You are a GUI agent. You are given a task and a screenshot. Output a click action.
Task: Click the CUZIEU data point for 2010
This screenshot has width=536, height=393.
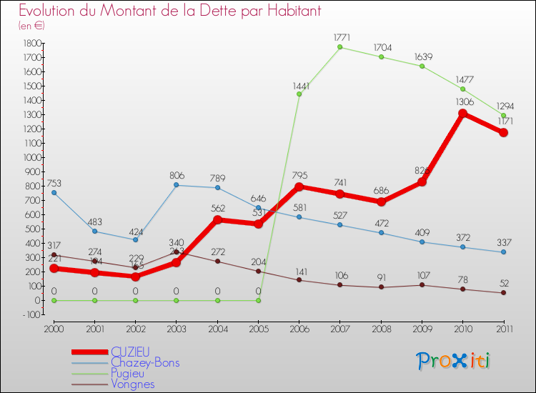pos(462,114)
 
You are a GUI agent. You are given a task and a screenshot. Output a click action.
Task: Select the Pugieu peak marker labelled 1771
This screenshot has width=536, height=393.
pos(339,47)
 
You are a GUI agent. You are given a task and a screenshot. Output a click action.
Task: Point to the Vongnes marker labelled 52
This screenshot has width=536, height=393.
pos(504,293)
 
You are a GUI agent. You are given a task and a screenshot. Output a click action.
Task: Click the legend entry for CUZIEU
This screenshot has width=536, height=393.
pos(130,352)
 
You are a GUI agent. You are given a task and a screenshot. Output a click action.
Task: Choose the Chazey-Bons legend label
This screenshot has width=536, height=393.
pos(145,362)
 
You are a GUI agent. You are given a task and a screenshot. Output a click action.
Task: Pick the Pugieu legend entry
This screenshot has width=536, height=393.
pos(129,373)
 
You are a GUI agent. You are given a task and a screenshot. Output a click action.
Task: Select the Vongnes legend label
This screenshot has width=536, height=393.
pos(133,384)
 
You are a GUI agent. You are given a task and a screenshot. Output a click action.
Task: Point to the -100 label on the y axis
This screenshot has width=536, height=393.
pos(29,314)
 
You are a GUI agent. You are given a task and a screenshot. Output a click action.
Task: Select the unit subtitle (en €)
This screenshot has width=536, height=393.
pos(32,26)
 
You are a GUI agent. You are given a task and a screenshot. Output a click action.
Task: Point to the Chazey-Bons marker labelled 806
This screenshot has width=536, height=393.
pos(176,185)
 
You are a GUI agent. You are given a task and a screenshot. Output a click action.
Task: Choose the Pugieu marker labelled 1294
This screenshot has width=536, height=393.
pos(504,116)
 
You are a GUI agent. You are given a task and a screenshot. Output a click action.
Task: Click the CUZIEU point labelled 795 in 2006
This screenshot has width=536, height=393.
pos(299,186)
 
